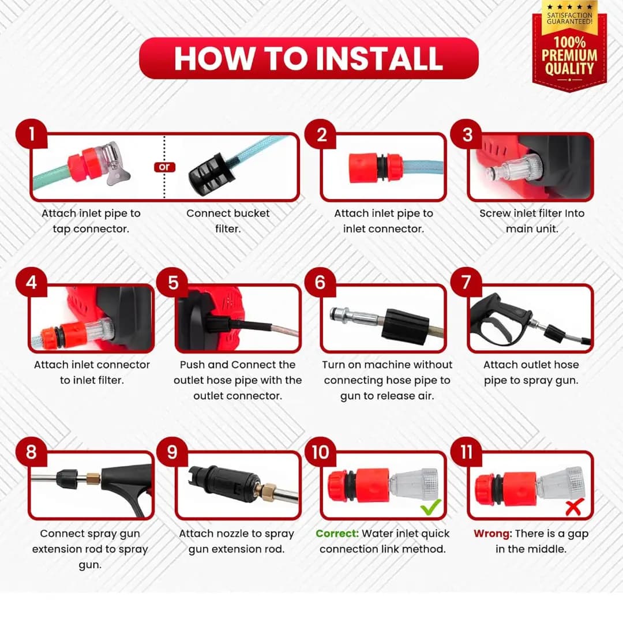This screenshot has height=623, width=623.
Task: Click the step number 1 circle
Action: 31,134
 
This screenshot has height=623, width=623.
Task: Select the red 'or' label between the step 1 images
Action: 164,167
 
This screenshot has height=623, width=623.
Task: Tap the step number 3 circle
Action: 467,134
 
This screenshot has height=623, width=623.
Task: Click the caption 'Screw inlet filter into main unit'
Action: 532,221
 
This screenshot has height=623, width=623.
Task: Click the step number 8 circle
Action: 31,452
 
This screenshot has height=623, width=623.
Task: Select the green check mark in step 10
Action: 431,506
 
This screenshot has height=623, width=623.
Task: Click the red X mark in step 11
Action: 575,506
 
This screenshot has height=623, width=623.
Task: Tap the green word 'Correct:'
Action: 337,534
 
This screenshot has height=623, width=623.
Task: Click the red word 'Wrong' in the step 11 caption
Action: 492,534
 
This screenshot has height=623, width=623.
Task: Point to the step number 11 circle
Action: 467,452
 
